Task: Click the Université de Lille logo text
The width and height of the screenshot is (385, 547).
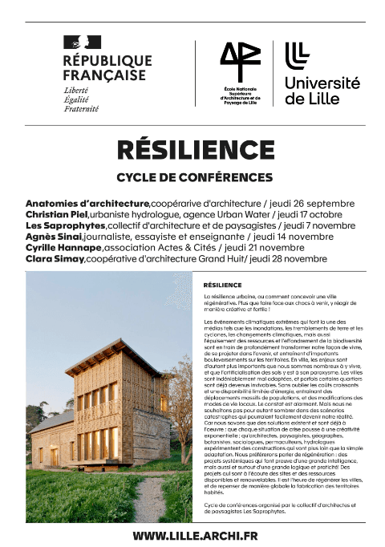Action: tap(322, 90)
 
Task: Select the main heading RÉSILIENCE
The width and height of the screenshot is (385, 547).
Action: tap(196, 150)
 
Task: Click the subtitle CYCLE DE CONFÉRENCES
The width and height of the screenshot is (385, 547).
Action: tap(195, 176)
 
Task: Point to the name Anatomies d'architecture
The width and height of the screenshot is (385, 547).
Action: tap(87, 203)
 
